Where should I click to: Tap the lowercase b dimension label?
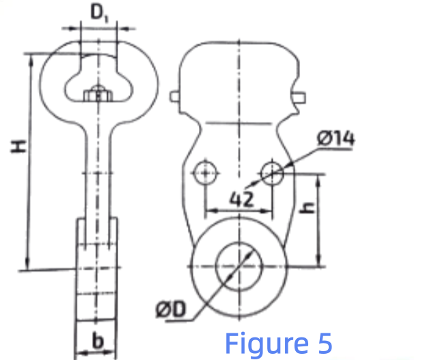pyautogui.click(x=96, y=340)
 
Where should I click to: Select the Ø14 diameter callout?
pyautogui.click(x=335, y=139)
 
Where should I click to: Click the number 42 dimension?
pyautogui.click(x=241, y=199)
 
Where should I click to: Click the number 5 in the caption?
pyautogui.click(x=324, y=341)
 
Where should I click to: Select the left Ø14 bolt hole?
pyautogui.click(x=204, y=174)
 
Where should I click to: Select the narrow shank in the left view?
pyautogui.click(x=97, y=171)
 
